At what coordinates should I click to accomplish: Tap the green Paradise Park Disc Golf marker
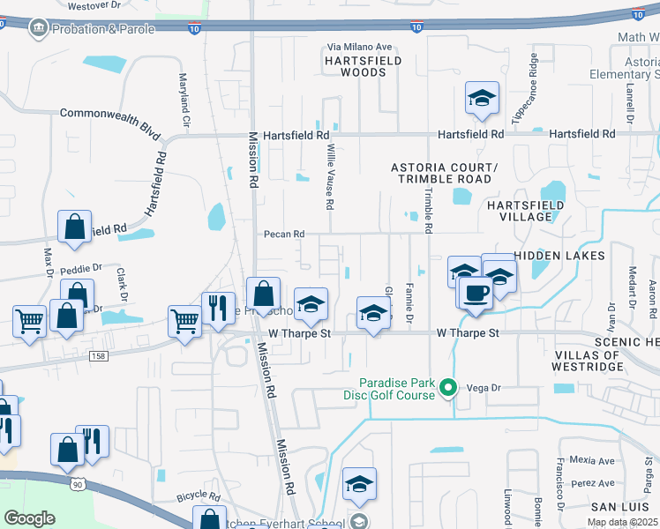click(448, 386)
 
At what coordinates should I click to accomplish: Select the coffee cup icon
click(475, 294)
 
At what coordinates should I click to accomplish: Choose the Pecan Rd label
click(284, 235)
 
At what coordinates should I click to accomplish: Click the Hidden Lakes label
click(559, 256)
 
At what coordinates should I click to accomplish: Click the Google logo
click(29, 518)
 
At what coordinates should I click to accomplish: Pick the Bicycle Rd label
click(197, 497)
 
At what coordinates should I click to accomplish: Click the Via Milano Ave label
click(359, 47)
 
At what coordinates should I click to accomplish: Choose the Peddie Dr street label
click(85, 266)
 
